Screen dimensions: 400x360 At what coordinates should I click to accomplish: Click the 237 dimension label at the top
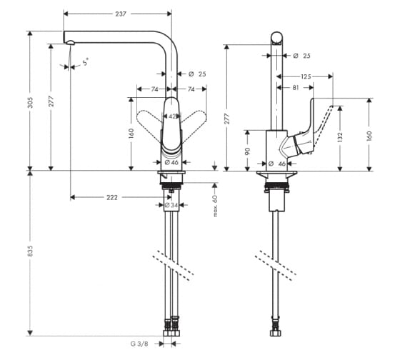pos(121,14)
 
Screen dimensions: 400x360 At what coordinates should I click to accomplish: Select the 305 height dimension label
pos(30,102)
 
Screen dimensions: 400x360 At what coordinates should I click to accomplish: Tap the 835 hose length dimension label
pos(30,251)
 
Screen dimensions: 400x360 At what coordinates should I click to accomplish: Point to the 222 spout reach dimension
pos(112,197)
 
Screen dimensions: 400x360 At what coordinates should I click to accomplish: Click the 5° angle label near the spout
pos(86,61)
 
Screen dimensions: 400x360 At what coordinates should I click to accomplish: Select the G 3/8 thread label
pos(139,344)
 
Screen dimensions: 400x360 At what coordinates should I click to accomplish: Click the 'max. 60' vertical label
pos(216,206)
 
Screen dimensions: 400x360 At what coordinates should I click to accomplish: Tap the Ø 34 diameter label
pos(171,205)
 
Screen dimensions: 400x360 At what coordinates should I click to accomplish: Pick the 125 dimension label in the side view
pos(306,76)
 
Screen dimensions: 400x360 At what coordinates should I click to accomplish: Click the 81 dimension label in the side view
pos(296,88)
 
